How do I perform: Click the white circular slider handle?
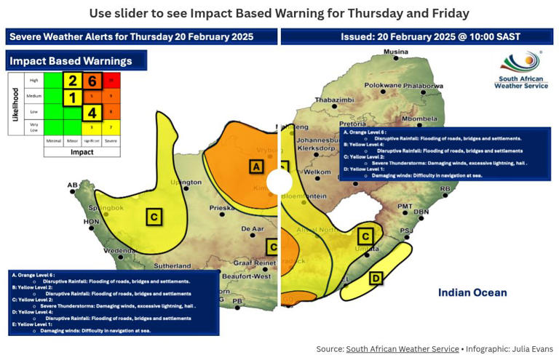point(279,181)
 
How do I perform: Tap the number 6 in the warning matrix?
point(92,81)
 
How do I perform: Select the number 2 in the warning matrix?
point(73,81)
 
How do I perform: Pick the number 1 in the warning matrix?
point(73,97)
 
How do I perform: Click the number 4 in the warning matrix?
point(92,113)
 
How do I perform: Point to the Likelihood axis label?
point(15,104)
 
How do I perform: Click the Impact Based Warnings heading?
point(71,61)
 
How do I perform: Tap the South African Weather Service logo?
point(521,70)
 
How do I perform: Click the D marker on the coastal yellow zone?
point(376,278)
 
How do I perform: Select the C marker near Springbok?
point(154,216)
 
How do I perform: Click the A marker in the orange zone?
point(255,167)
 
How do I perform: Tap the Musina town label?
point(396,52)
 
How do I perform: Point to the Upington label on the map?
point(185,182)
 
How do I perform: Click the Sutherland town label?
point(172,266)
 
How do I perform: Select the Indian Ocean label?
point(472,292)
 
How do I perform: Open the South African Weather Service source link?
point(402,349)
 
